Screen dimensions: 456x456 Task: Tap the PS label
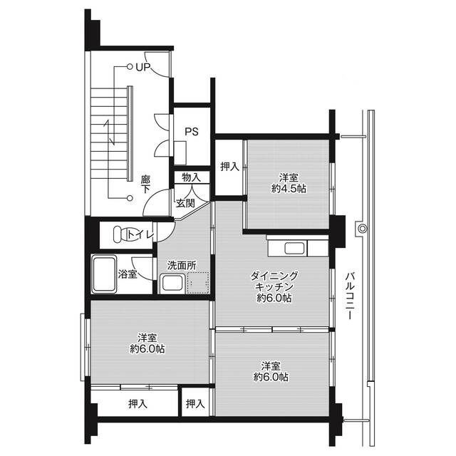(191, 131)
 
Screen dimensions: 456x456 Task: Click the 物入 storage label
(191, 176)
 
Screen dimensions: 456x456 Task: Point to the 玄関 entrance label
(185, 202)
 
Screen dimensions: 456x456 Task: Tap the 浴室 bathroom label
(128, 273)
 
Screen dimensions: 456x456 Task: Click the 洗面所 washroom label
(180, 264)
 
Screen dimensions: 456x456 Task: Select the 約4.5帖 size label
(288, 189)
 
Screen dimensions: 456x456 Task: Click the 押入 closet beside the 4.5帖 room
(229, 167)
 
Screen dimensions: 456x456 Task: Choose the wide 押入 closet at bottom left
(138, 404)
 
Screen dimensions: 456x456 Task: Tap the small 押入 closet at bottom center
(195, 403)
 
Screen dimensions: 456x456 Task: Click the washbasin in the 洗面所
(172, 284)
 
